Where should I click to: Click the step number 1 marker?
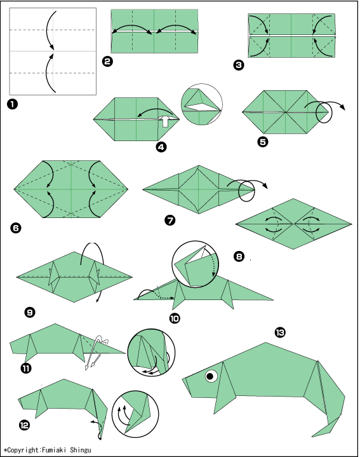tap(12, 104)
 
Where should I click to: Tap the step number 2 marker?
tap(108, 61)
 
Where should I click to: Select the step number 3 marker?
tap(239, 65)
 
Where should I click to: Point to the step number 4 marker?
tap(161, 147)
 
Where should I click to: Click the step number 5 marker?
tap(263, 142)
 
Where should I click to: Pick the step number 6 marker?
tap(15, 228)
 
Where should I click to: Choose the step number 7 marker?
tap(170, 220)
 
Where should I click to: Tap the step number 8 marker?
tap(239, 257)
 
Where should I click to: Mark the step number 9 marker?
tap(30, 313)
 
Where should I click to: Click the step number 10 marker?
tap(175, 318)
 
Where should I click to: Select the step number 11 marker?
tap(26, 369)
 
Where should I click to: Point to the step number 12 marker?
tap(25, 425)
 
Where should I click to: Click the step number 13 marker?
tap(280, 332)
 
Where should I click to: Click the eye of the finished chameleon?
tap(211, 376)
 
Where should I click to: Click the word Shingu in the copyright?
tap(81, 450)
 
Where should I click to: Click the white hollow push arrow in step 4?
tap(165, 121)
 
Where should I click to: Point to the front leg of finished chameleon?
tap(223, 388)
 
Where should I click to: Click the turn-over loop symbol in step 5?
tap(324, 113)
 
